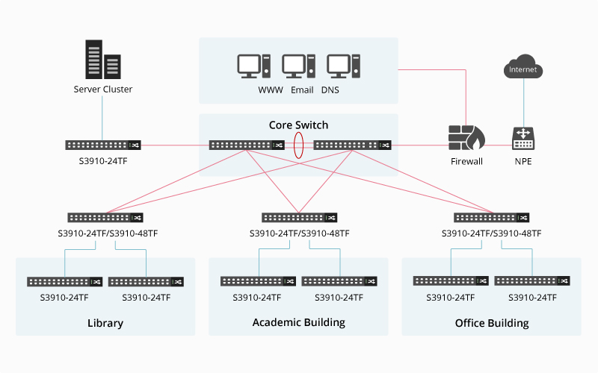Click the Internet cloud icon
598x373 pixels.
pos(523,66)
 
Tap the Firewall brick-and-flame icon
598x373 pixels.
pos(466,137)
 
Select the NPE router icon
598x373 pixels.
pos(523,138)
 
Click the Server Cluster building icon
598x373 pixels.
pos(103,60)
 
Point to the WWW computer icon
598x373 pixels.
pos(253,66)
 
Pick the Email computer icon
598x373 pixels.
pos(298,66)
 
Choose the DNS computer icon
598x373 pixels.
pos(343,66)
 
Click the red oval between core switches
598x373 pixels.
pos(298,145)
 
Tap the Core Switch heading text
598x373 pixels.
pos(298,125)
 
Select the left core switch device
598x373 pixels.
pos(247,145)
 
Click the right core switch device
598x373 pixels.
pos(352,145)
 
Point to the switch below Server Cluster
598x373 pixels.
pos(103,145)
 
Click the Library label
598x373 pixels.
pos(105,323)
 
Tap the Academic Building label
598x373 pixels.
pos(298,322)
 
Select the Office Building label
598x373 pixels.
pos(492,323)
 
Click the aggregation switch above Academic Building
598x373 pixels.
pos(300,218)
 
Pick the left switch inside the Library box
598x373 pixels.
pos(65,282)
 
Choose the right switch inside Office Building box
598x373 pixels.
pos(532,281)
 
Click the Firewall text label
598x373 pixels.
pos(466,161)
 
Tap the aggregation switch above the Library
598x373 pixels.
pos(105,218)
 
